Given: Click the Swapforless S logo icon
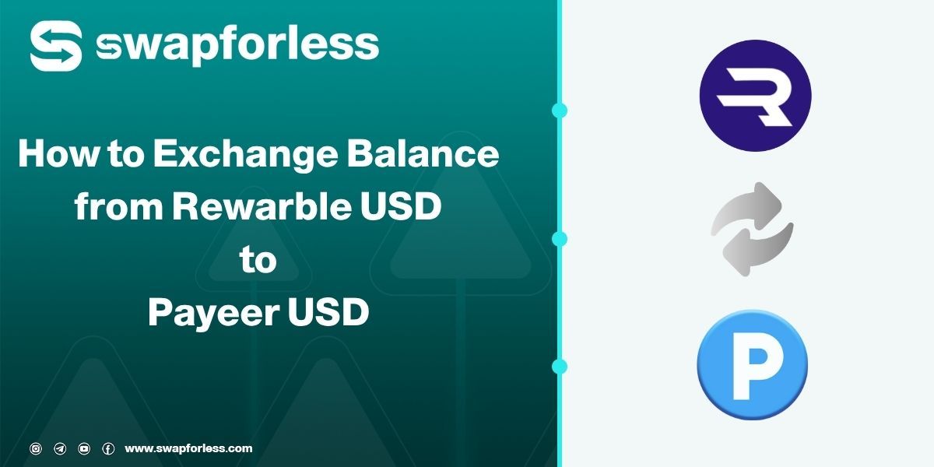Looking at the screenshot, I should [x=57, y=46].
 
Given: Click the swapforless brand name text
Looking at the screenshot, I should [x=237, y=45].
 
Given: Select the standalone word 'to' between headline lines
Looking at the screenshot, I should [x=258, y=261].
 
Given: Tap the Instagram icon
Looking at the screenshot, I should [x=36, y=448].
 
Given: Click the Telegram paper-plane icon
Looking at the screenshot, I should [x=60, y=448].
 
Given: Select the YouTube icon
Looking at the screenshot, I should [x=84, y=448].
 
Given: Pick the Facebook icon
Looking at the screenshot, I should [x=108, y=448].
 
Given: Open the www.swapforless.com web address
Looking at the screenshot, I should [x=188, y=448].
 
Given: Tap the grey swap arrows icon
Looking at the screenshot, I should [x=752, y=230].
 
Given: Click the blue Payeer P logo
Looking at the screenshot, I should [x=752, y=365].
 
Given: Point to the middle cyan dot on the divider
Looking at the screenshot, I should [x=558, y=238].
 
